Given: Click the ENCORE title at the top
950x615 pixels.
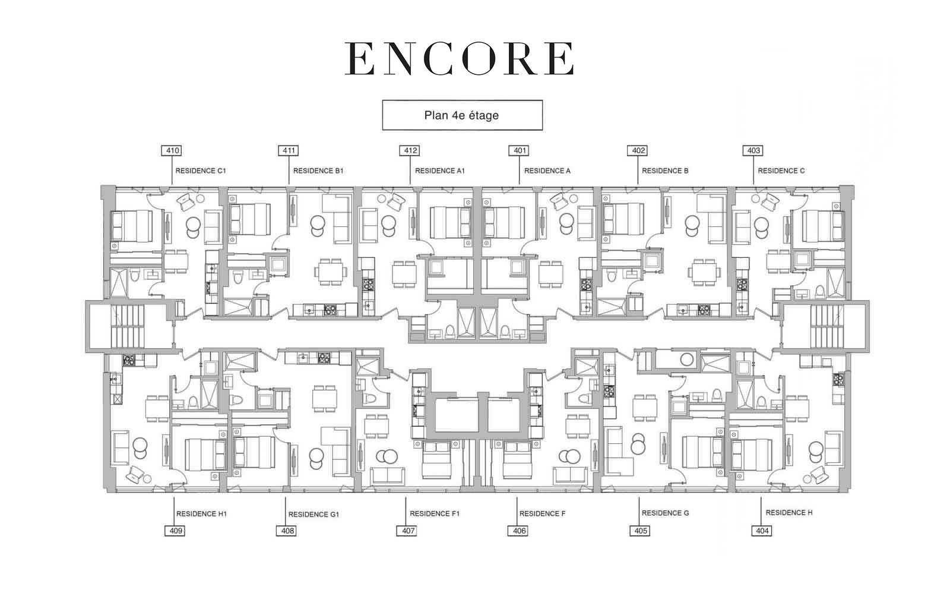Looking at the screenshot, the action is tap(460, 59).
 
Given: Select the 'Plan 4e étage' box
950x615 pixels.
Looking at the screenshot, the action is tap(463, 115).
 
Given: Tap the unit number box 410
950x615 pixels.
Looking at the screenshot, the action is tap(172, 151).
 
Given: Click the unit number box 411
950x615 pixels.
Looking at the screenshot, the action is tap(289, 151).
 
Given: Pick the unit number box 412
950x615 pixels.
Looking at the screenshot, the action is tap(410, 151).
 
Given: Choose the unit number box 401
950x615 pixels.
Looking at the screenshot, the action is tap(520, 151).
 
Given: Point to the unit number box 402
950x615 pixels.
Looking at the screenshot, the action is tap(638, 151).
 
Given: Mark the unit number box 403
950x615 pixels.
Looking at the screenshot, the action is tap(753, 151).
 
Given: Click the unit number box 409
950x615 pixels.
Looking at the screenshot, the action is tap(175, 531).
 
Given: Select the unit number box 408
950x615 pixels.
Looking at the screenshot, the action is tap(287, 531).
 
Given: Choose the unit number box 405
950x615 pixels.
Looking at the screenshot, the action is tap(641, 531).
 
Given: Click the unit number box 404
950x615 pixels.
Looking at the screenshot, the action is tap(762, 531).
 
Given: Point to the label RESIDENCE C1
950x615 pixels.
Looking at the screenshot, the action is tap(201, 171).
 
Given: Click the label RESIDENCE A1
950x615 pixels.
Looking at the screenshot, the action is tap(440, 171).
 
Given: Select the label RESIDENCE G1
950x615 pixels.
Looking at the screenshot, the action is tap(314, 515).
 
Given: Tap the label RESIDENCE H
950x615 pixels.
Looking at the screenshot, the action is tap(789, 513).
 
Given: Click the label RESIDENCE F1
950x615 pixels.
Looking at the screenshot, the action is tap(435, 513).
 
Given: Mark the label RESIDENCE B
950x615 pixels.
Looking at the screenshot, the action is tap(665, 171).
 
